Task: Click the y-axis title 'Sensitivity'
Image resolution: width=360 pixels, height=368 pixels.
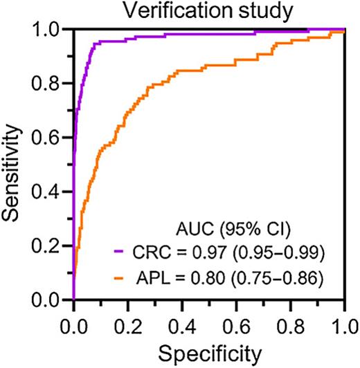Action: [13, 166]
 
